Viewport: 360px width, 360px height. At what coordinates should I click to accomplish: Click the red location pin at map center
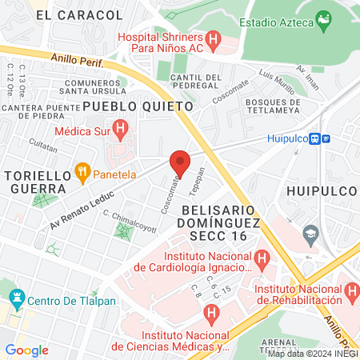point(180,163)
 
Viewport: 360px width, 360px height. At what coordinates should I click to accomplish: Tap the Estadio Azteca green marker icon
point(324,19)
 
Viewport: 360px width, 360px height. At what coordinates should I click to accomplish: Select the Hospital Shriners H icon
point(213,38)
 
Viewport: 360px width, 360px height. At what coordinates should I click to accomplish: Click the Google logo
point(26,350)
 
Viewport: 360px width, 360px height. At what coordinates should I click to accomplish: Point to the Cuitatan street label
point(43,147)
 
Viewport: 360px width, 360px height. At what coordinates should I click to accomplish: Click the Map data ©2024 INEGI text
point(313,354)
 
